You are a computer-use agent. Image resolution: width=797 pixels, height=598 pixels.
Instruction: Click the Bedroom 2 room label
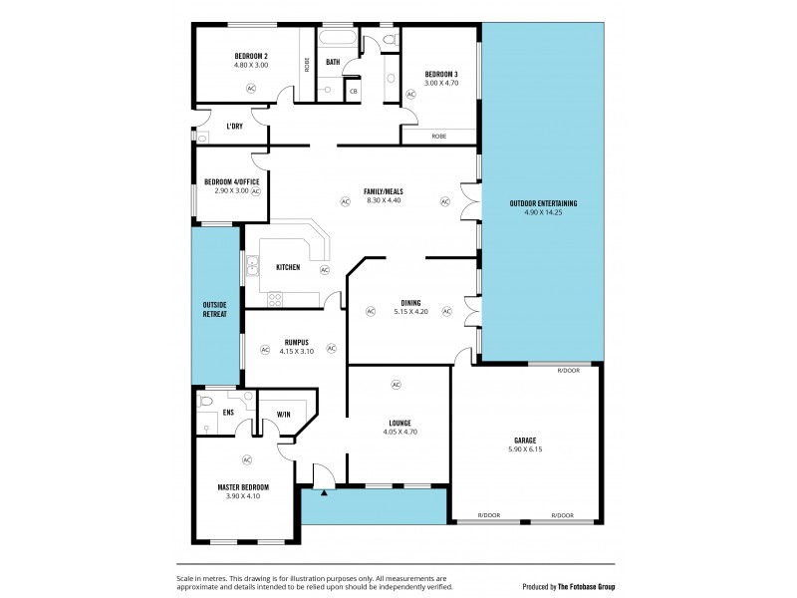251,56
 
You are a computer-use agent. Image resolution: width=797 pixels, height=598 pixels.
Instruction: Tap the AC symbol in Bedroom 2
251,88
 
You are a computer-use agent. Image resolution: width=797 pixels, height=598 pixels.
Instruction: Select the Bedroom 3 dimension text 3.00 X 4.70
440,84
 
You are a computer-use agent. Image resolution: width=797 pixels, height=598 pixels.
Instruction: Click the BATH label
333,62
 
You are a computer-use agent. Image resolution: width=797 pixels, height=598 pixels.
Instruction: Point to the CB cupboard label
353,92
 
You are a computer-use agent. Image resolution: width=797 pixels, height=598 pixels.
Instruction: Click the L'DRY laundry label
235,127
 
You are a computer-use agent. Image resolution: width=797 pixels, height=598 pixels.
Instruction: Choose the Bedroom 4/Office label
231,181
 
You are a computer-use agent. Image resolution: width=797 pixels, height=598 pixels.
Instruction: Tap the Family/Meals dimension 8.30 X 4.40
383,200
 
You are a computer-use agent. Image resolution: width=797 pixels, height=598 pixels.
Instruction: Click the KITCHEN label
288,267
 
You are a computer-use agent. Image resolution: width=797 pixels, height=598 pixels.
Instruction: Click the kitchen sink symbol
253,266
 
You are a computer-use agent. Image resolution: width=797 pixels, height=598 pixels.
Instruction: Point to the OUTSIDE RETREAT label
215,309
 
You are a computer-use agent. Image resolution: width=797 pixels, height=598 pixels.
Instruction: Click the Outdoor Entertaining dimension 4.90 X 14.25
543,212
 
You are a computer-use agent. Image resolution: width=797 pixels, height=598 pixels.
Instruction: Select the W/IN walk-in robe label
283,415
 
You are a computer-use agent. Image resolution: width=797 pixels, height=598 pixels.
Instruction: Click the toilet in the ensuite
206,401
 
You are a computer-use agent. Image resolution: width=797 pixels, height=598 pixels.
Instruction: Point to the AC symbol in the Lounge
396,385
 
